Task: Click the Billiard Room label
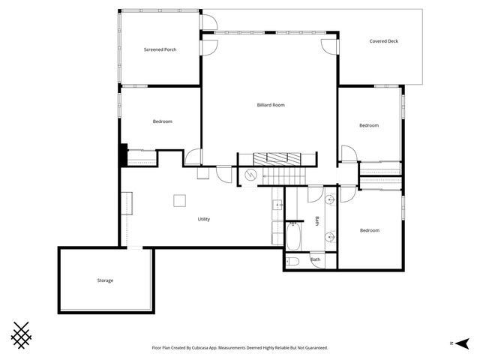[271, 105]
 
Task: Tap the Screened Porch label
[160, 49]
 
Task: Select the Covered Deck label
[383, 41]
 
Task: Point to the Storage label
[105, 280]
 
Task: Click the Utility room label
[203, 219]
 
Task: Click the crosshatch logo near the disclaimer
[23, 334]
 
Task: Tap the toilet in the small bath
[292, 261]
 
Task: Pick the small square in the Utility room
[180, 200]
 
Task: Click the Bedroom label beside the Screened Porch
[163, 121]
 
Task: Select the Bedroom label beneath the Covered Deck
[368, 125]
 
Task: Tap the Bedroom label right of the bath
[369, 230]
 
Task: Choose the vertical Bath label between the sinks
[317, 221]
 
